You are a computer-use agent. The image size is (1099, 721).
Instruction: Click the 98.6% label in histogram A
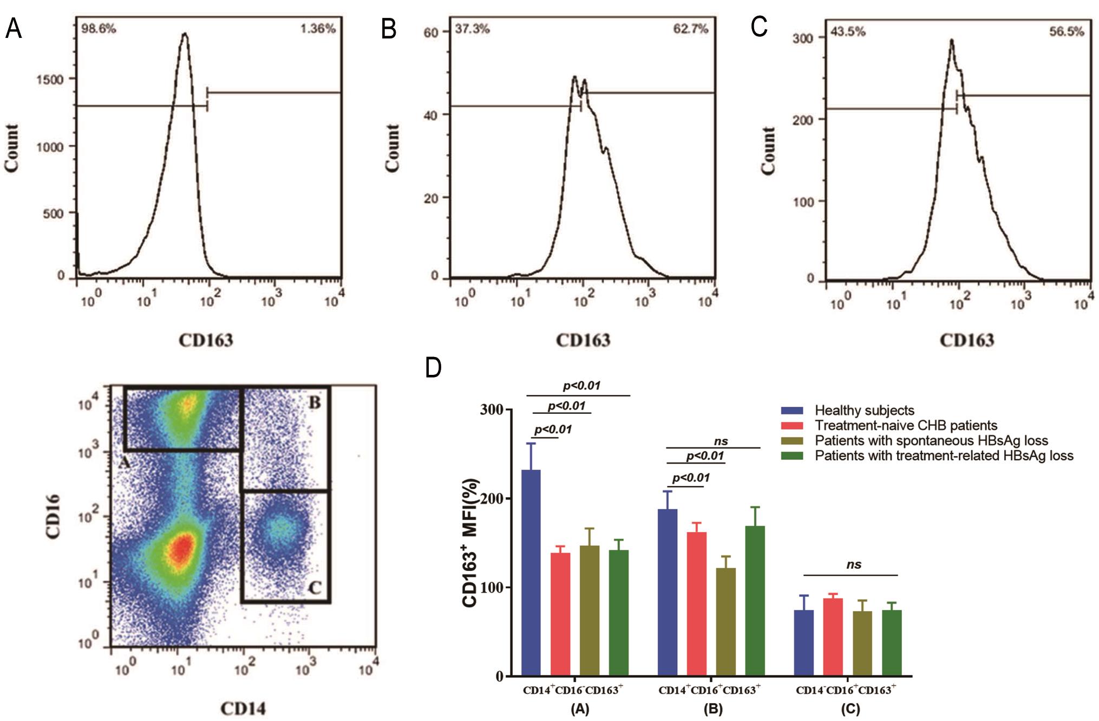point(99,29)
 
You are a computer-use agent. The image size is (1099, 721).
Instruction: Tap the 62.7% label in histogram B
point(690,29)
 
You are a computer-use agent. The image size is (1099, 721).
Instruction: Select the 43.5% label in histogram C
point(848,31)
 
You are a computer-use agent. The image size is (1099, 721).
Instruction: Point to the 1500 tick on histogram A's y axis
point(50,80)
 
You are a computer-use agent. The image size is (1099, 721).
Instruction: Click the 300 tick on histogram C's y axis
point(802,38)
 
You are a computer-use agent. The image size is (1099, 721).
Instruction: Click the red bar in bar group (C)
point(833,637)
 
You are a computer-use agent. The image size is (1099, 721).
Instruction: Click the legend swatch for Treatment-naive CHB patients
point(791,426)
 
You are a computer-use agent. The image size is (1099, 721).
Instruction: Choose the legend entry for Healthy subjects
point(864,411)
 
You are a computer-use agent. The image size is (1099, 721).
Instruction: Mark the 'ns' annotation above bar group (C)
point(853,564)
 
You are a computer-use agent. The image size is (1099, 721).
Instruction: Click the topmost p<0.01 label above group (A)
point(581,386)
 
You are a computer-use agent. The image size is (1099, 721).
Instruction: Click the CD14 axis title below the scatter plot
point(243,708)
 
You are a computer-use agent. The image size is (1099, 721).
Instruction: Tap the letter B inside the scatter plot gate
point(314,402)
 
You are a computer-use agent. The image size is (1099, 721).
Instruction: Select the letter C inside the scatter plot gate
point(315,587)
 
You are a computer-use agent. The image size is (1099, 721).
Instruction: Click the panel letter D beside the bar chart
point(433,367)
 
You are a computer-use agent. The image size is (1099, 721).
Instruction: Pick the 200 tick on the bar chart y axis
point(492,499)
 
